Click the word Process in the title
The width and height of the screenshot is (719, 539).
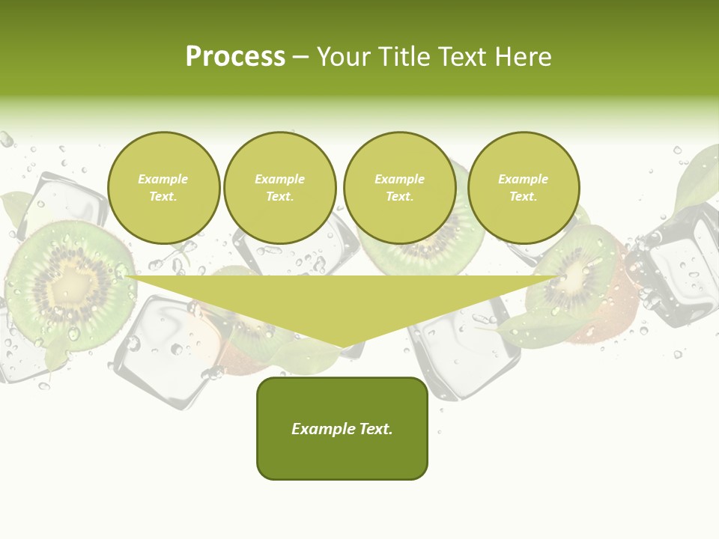click(235, 57)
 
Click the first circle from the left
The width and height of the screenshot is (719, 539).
click(164, 188)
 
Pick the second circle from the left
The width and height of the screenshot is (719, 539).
click(280, 188)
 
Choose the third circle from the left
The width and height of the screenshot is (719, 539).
click(399, 188)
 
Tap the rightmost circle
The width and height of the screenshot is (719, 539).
click(524, 188)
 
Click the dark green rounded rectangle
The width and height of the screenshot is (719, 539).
click(342, 428)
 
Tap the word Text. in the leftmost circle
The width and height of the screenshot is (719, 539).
click(163, 197)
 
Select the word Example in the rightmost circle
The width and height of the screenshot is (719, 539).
click(523, 179)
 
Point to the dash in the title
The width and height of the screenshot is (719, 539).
click(300, 57)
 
